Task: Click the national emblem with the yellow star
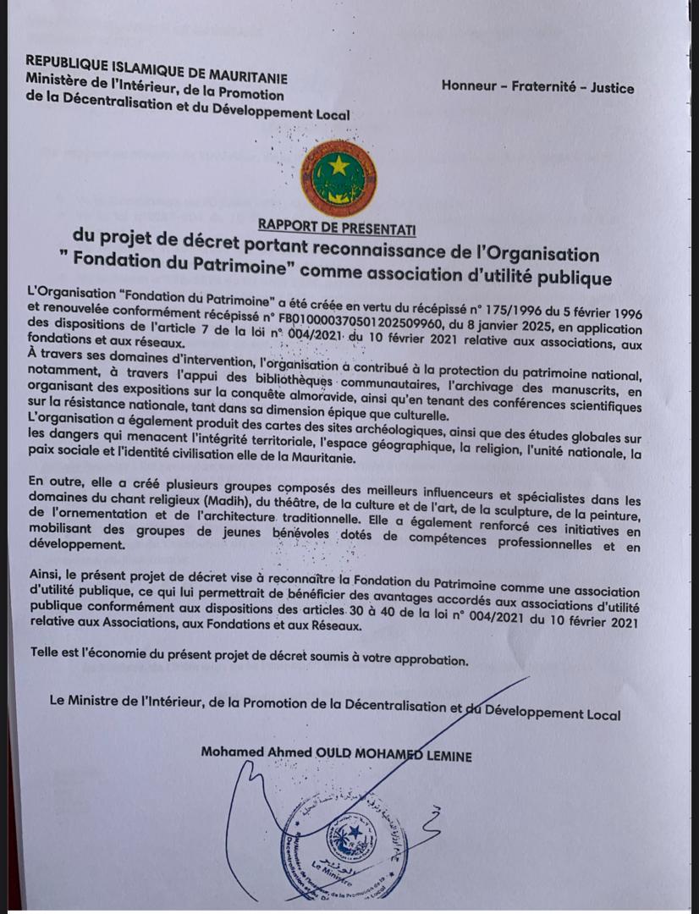pos(338,179)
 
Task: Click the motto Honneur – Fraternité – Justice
pos(537,86)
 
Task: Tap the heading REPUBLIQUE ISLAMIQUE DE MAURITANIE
pos(157,64)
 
